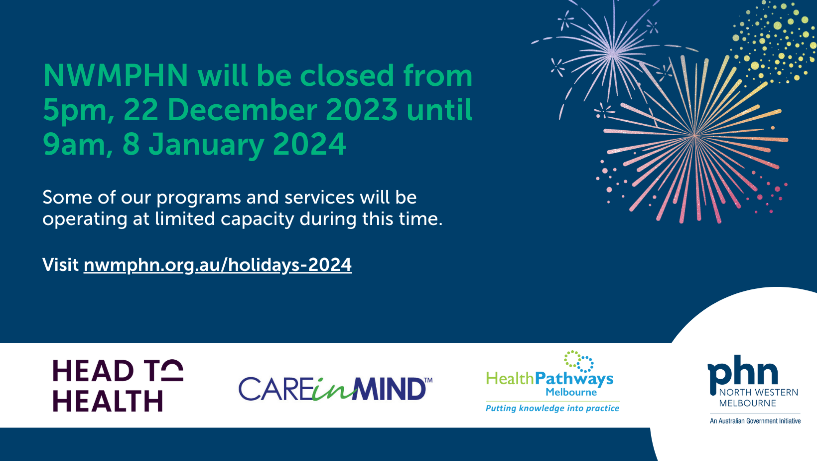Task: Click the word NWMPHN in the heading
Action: tap(116, 75)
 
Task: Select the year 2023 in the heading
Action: tap(362, 110)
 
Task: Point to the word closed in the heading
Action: tap(347, 75)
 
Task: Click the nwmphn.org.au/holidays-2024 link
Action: tap(218, 265)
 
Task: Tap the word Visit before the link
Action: tap(61, 264)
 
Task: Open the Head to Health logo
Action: tap(118, 385)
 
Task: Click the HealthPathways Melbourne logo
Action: tap(552, 382)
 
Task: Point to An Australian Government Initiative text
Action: tap(755, 421)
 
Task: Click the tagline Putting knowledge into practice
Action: tap(552, 409)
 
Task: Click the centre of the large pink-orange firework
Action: tap(695, 136)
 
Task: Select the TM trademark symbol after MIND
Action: tap(428, 380)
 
